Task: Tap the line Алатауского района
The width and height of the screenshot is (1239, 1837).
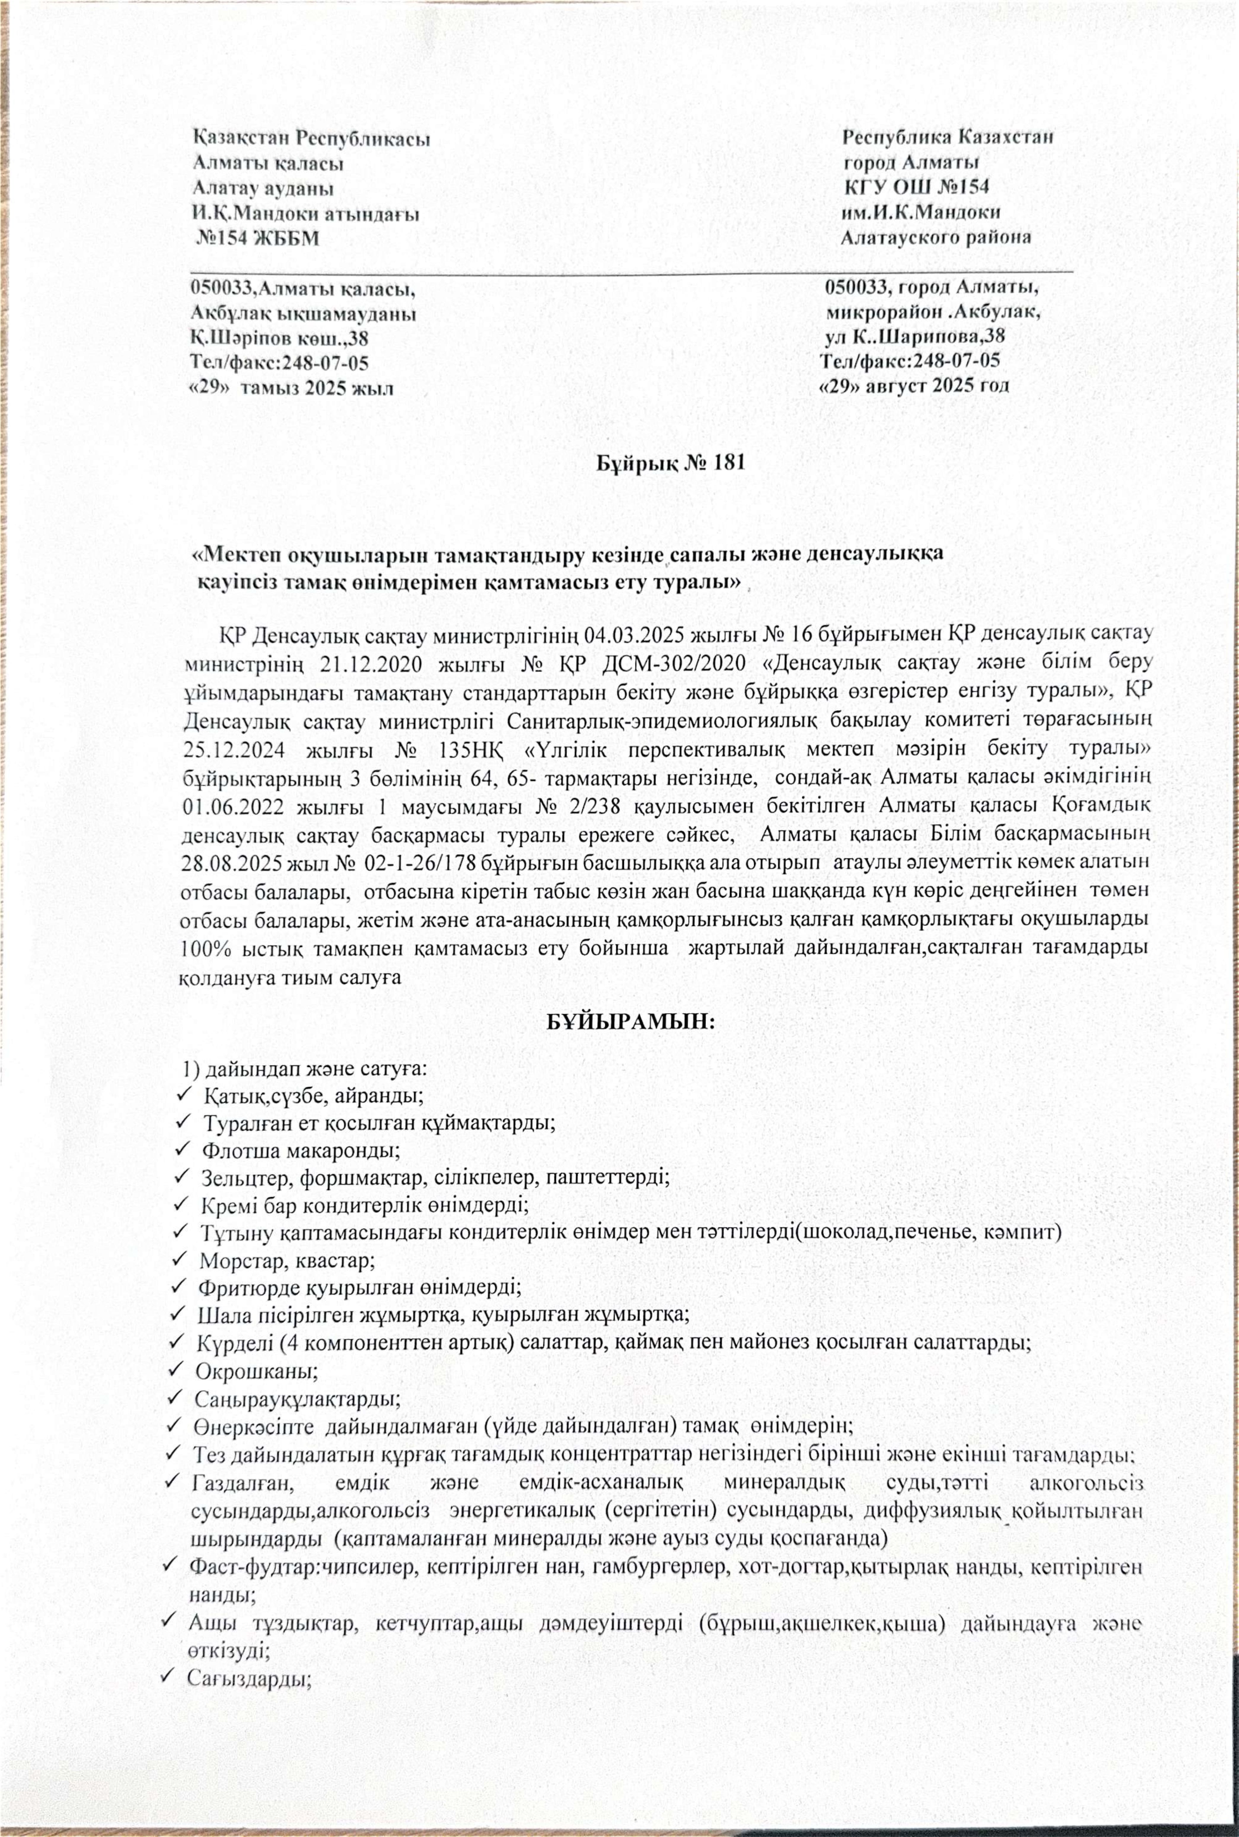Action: click(x=936, y=237)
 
